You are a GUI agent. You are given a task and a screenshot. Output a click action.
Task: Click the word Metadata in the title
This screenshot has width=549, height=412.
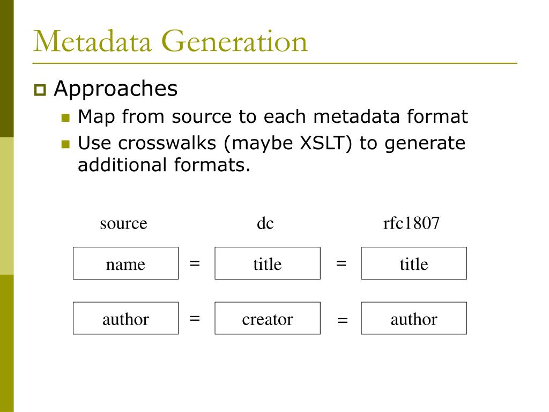(x=92, y=42)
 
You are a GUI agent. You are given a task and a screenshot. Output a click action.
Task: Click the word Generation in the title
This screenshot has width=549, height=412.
(x=234, y=42)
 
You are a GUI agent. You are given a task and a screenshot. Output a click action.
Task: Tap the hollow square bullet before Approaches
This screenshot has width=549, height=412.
(x=40, y=90)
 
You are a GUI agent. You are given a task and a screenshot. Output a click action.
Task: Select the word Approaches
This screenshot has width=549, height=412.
(x=115, y=89)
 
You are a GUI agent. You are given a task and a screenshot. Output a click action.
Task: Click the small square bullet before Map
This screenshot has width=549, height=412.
(x=66, y=117)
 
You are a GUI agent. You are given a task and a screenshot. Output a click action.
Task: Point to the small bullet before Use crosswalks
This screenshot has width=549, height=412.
(x=66, y=144)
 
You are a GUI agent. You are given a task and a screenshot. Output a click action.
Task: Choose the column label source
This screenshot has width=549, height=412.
(x=123, y=223)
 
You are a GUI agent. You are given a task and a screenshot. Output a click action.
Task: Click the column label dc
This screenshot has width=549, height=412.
(x=265, y=223)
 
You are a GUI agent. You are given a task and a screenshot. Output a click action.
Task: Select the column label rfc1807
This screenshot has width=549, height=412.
(x=411, y=223)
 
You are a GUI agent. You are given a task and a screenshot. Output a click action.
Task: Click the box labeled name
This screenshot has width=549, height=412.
(x=125, y=263)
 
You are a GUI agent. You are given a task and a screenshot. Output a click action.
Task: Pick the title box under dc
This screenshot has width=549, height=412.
(x=268, y=263)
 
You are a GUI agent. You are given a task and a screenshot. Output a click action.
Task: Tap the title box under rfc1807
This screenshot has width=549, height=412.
(x=414, y=263)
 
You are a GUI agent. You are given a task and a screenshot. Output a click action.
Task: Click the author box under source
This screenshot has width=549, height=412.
(x=125, y=319)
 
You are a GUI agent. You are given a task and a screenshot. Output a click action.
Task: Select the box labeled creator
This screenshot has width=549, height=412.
(x=268, y=319)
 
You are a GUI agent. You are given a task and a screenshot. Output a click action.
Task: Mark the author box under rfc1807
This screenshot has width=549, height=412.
(x=414, y=319)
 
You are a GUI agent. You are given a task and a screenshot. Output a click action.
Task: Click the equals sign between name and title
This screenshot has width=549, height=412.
(x=195, y=263)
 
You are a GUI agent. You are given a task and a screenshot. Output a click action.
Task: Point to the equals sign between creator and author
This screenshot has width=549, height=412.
(x=343, y=321)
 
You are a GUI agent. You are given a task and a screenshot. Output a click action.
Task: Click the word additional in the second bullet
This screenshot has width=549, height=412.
(x=123, y=165)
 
